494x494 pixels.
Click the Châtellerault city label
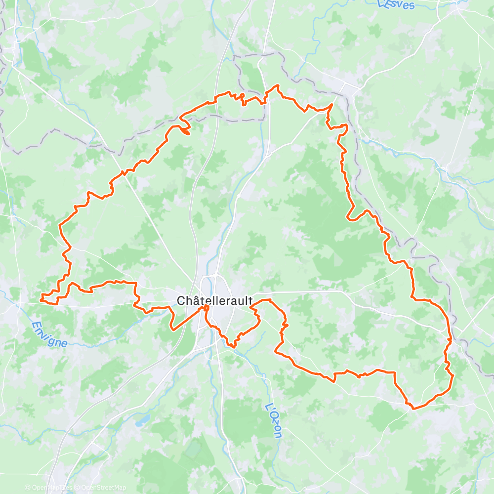tap(214, 300)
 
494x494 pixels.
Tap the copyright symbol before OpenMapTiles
tap(27, 488)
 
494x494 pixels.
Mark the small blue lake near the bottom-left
tap(144, 420)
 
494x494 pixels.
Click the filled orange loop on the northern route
tap(184, 131)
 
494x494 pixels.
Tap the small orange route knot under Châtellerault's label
tap(205, 309)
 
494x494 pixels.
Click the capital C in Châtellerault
tap(181, 300)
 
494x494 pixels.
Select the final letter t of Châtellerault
tap(250, 300)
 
